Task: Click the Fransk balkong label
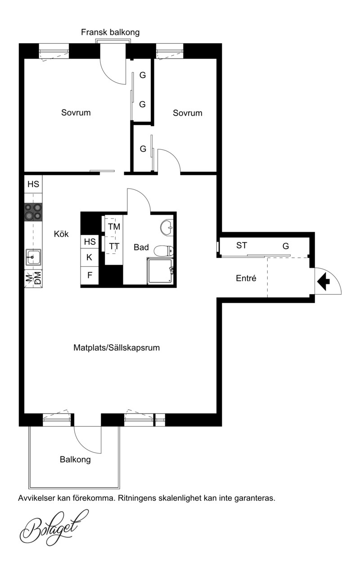click(x=110, y=32)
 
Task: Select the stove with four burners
click(x=33, y=212)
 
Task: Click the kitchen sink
click(x=33, y=257)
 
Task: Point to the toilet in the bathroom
click(x=163, y=251)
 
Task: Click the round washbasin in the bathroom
click(x=167, y=227)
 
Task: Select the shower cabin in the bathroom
click(x=160, y=271)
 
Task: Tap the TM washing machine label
click(x=114, y=227)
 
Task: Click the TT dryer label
click(x=114, y=247)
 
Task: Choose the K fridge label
click(x=89, y=257)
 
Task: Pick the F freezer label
click(x=90, y=275)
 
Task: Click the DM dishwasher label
click(x=38, y=278)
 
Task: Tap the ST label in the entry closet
click(x=242, y=245)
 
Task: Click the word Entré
click(x=246, y=278)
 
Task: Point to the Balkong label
click(x=75, y=459)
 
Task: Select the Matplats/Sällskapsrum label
click(x=117, y=348)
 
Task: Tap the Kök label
click(x=61, y=234)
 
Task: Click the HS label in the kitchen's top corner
click(x=33, y=184)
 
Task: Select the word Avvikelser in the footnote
click(x=36, y=498)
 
